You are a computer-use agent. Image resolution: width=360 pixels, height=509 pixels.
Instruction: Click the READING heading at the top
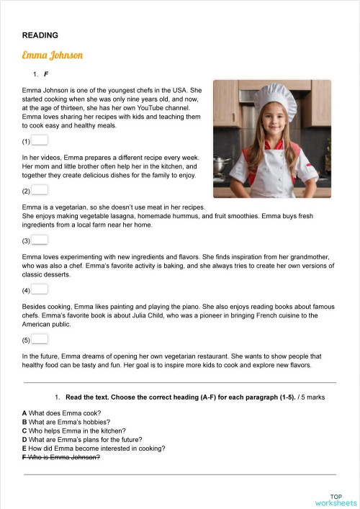40,35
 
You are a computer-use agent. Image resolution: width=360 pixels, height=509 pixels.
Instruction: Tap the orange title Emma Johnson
53,55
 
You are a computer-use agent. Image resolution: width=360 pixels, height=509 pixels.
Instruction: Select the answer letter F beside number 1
46,74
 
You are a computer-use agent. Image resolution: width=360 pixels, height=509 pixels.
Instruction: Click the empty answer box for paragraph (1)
40,140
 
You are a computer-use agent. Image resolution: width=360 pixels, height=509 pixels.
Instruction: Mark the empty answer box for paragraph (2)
40,190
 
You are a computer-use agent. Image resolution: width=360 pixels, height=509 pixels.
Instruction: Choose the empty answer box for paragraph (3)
40,240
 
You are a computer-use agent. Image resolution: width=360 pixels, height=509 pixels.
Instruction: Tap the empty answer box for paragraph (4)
40,289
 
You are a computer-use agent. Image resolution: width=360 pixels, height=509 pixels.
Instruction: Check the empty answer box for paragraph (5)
40,339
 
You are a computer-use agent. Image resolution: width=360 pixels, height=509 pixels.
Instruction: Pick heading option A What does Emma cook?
62,413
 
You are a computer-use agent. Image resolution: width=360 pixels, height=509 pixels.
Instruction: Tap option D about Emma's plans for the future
82,439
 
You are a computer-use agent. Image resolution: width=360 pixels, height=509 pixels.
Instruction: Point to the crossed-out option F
61,457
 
